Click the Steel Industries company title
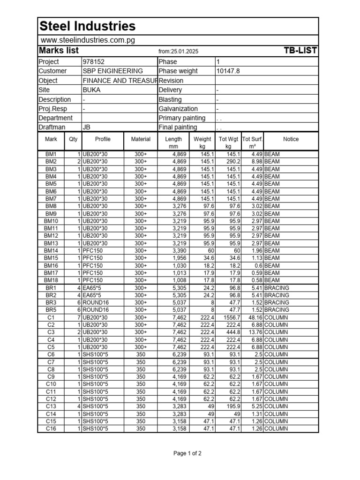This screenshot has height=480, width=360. pyautogui.click(x=88, y=26)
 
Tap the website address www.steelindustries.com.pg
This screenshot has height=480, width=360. pyautogui.click(x=88, y=40)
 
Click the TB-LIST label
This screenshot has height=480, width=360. pyautogui.click(x=300, y=51)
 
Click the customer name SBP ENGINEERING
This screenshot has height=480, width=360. pyautogui.click(x=112, y=71)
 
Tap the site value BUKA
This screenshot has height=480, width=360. pyautogui.click(x=91, y=90)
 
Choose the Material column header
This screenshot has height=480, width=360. pyautogui.click(x=141, y=139)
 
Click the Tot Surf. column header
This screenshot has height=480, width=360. pyautogui.click(x=252, y=139)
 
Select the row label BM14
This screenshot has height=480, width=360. pyautogui.click(x=51, y=251)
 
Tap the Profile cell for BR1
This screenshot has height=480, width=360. pyautogui.click(x=92, y=288)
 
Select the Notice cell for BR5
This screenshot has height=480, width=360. pyautogui.click(x=277, y=310)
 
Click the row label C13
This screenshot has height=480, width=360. pyautogui.click(x=51, y=406)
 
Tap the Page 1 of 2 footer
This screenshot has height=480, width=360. pyautogui.click(x=187, y=453)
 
